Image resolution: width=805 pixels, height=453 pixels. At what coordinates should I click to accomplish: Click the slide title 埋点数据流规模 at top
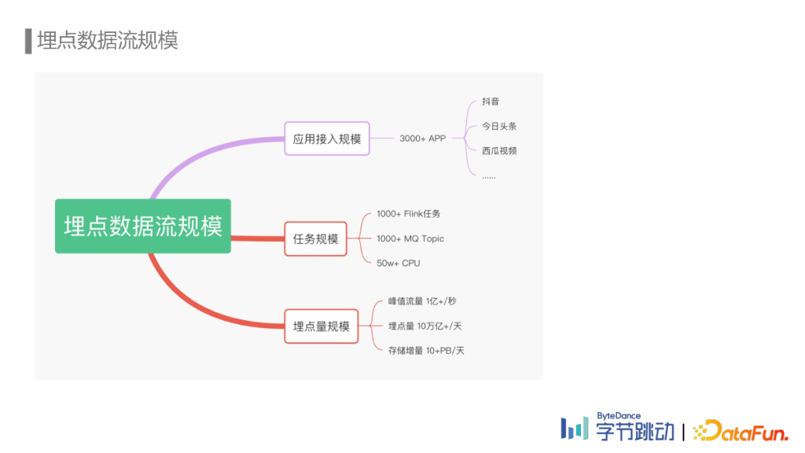tap(108, 40)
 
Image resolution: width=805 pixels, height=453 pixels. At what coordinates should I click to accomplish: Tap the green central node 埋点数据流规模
tap(143, 226)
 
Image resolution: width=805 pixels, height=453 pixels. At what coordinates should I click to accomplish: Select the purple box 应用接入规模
tap(326, 139)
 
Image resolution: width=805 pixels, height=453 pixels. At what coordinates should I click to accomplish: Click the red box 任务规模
tap(315, 238)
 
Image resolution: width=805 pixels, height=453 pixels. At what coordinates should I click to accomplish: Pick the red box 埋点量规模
tap(321, 326)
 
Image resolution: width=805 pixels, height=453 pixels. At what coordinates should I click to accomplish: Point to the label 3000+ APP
tap(422, 138)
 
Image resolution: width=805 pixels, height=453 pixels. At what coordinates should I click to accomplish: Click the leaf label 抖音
tap(491, 101)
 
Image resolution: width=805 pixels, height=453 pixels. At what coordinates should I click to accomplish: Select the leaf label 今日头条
tap(499, 126)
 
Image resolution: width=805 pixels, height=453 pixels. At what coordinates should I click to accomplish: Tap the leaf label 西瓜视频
tap(499, 150)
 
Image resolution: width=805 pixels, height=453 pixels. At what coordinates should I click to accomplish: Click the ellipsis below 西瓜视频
tap(488, 176)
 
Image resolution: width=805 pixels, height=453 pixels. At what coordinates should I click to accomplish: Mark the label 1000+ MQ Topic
tap(410, 238)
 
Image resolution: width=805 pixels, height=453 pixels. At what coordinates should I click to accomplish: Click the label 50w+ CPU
tap(398, 263)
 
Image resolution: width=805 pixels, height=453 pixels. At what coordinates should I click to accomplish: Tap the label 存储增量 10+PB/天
tap(426, 350)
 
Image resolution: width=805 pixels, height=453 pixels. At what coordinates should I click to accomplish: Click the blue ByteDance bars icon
tap(574, 428)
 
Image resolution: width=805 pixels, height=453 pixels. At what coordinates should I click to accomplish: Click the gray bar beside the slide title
tap(28, 41)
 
